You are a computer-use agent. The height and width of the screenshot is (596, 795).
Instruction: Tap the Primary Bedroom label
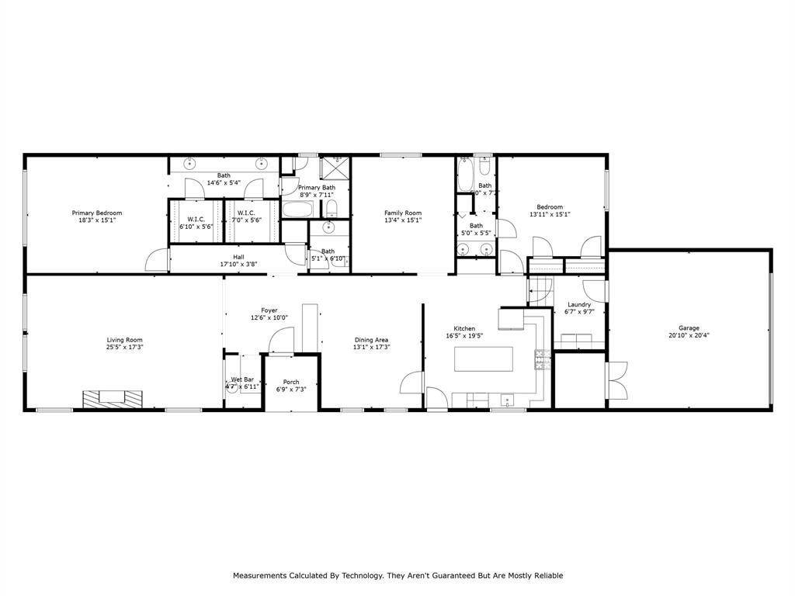[x=97, y=213]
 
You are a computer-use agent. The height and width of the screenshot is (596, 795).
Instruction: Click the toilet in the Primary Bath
[x=332, y=208]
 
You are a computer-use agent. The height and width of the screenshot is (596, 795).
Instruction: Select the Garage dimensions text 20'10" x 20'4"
[x=689, y=336]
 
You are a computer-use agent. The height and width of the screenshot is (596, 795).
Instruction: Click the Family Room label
[x=403, y=213]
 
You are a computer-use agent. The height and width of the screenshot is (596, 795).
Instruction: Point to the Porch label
[x=291, y=382]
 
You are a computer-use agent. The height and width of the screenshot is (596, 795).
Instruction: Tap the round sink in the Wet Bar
[x=231, y=388]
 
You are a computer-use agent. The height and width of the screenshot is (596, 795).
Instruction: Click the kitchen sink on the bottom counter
[x=509, y=400]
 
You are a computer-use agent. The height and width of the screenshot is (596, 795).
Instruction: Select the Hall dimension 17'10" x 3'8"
[x=238, y=265]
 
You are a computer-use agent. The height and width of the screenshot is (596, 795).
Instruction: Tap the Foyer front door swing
[x=282, y=340]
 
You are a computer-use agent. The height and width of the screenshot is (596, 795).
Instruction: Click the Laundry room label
[x=579, y=305]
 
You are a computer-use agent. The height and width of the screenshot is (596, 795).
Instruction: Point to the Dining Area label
[x=371, y=340]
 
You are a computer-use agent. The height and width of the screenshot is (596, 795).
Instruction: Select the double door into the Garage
[x=616, y=380]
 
